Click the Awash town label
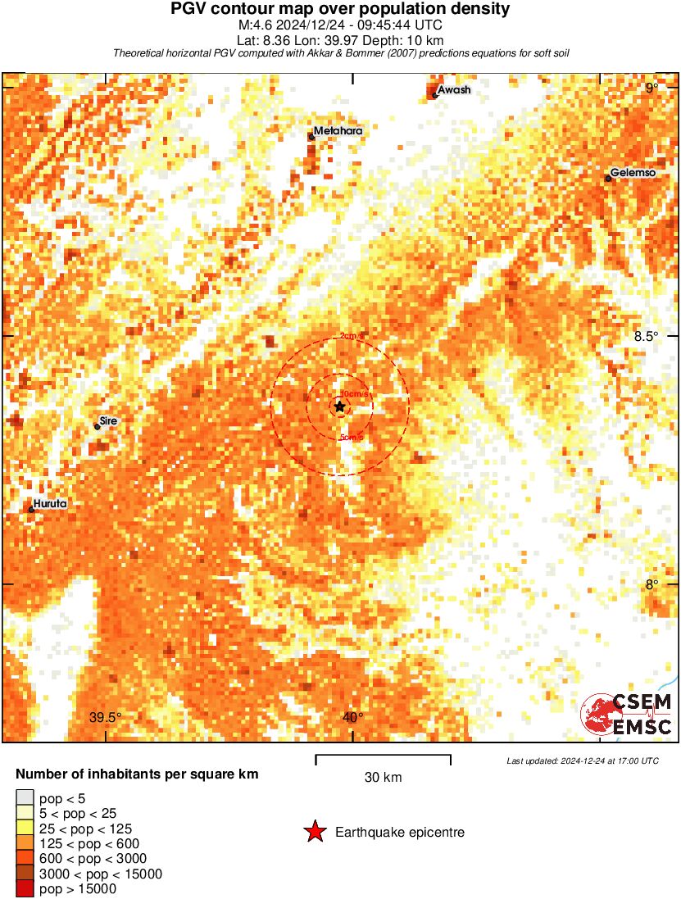click(x=454, y=89)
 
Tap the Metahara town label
click(x=338, y=130)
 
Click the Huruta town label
click(x=51, y=504)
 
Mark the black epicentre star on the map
click(x=339, y=406)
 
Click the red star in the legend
click(x=315, y=833)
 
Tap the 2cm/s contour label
click(x=351, y=336)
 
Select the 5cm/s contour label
click(x=351, y=438)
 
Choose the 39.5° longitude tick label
click(x=105, y=717)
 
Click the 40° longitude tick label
click(x=353, y=717)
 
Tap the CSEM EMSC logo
click(x=627, y=714)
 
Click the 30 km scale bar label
click(x=383, y=777)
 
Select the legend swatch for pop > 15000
click(x=25, y=889)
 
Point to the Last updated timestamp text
click(x=583, y=761)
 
